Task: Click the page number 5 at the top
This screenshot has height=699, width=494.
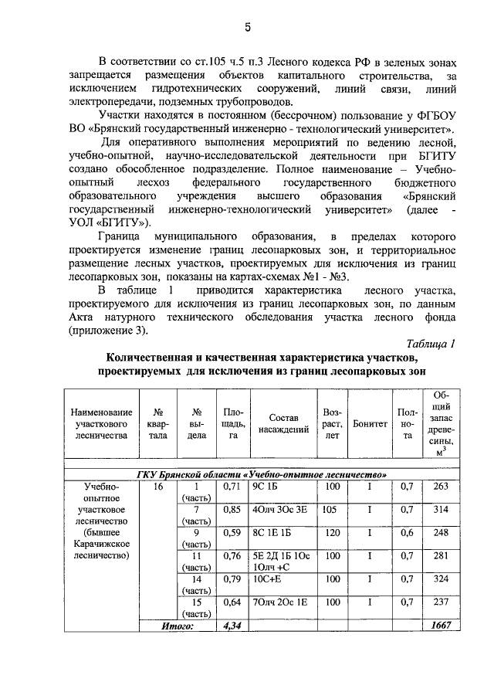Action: (247, 29)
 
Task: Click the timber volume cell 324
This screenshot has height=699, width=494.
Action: (441, 579)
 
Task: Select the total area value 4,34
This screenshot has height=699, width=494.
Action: (232, 625)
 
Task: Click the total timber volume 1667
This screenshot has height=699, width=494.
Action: (441, 625)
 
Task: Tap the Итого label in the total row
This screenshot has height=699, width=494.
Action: (176, 625)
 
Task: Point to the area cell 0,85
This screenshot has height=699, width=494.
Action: (232, 509)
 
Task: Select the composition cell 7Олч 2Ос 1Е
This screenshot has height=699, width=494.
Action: (280, 602)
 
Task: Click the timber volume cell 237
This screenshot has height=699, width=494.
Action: (441, 602)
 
